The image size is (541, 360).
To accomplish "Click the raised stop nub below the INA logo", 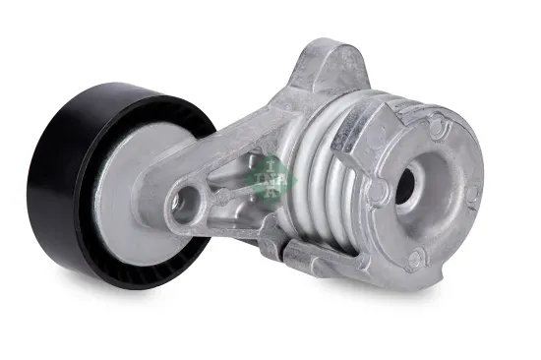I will [268, 229].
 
